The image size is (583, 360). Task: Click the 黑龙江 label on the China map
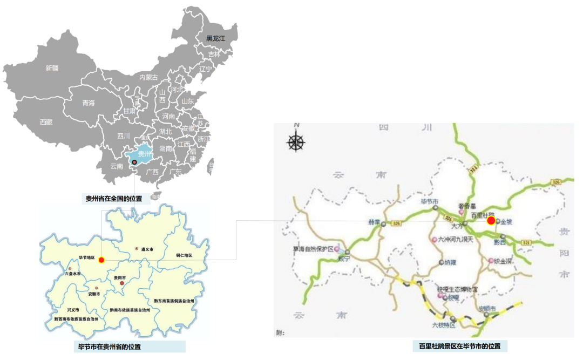(214, 38)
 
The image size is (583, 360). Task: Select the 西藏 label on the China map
(46, 123)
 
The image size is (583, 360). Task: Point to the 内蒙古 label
(148, 78)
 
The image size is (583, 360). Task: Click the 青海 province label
(88, 103)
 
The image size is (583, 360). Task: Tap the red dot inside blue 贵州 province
(134, 161)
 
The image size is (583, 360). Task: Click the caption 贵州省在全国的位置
(114, 199)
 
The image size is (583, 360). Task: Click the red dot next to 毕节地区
(101, 260)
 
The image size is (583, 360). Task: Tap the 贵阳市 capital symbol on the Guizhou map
(122, 283)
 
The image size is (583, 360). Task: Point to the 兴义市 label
(73, 310)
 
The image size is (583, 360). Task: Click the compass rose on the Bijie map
(296, 142)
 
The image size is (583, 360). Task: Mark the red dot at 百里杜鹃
(491, 220)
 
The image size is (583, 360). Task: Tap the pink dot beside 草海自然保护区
(337, 249)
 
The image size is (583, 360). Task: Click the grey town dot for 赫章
(383, 223)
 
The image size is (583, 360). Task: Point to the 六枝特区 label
(444, 325)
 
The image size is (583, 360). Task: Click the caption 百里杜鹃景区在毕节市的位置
(459, 346)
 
